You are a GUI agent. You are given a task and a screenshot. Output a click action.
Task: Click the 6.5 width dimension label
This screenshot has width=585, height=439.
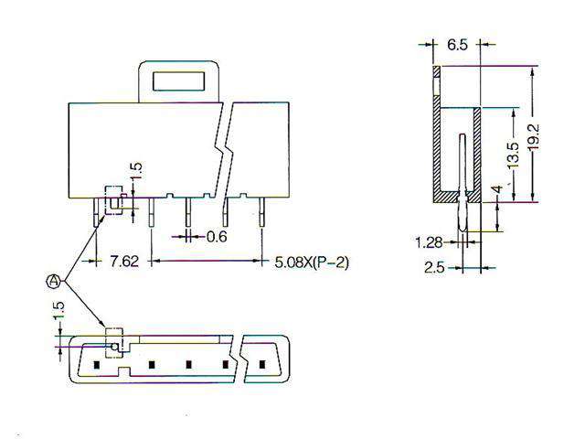click(x=458, y=44)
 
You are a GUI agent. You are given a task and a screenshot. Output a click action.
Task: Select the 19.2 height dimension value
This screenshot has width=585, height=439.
click(x=542, y=134)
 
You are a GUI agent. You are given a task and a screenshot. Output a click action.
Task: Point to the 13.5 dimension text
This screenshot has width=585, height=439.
click(x=514, y=155)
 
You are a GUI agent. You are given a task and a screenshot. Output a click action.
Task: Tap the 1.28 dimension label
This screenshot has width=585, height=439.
click(x=430, y=242)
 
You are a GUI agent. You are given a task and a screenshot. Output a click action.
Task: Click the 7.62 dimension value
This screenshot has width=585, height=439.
click(x=124, y=262)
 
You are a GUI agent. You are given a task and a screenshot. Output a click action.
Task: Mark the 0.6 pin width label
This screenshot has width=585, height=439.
click(x=217, y=237)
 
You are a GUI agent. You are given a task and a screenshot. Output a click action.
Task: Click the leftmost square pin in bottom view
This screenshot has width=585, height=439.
click(x=95, y=365)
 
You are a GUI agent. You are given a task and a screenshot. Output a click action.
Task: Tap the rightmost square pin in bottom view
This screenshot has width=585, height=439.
click(x=262, y=365)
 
